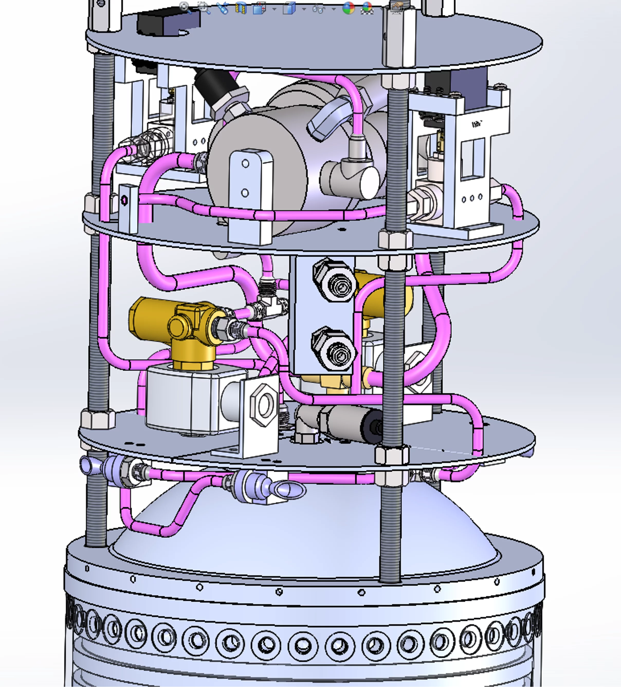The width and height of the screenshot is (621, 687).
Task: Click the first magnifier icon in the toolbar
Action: [185, 7]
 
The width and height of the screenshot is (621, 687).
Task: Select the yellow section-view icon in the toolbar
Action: [241, 8]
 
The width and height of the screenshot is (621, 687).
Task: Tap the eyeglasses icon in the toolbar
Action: [319, 8]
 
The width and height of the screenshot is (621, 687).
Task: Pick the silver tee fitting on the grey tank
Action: [351, 177]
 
